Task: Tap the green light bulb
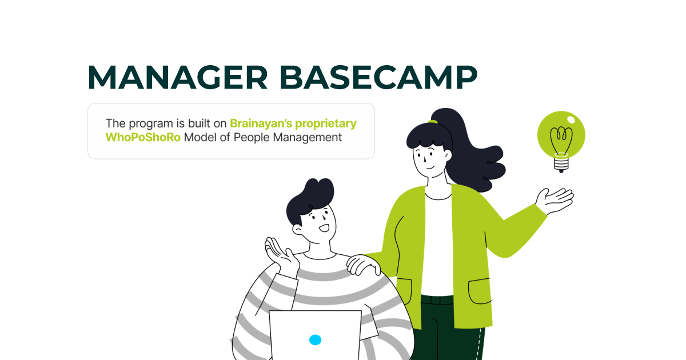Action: (x=561, y=135)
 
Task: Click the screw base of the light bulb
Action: (x=561, y=165)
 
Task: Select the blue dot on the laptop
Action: (x=315, y=339)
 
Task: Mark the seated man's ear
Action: (x=298, y=228)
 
